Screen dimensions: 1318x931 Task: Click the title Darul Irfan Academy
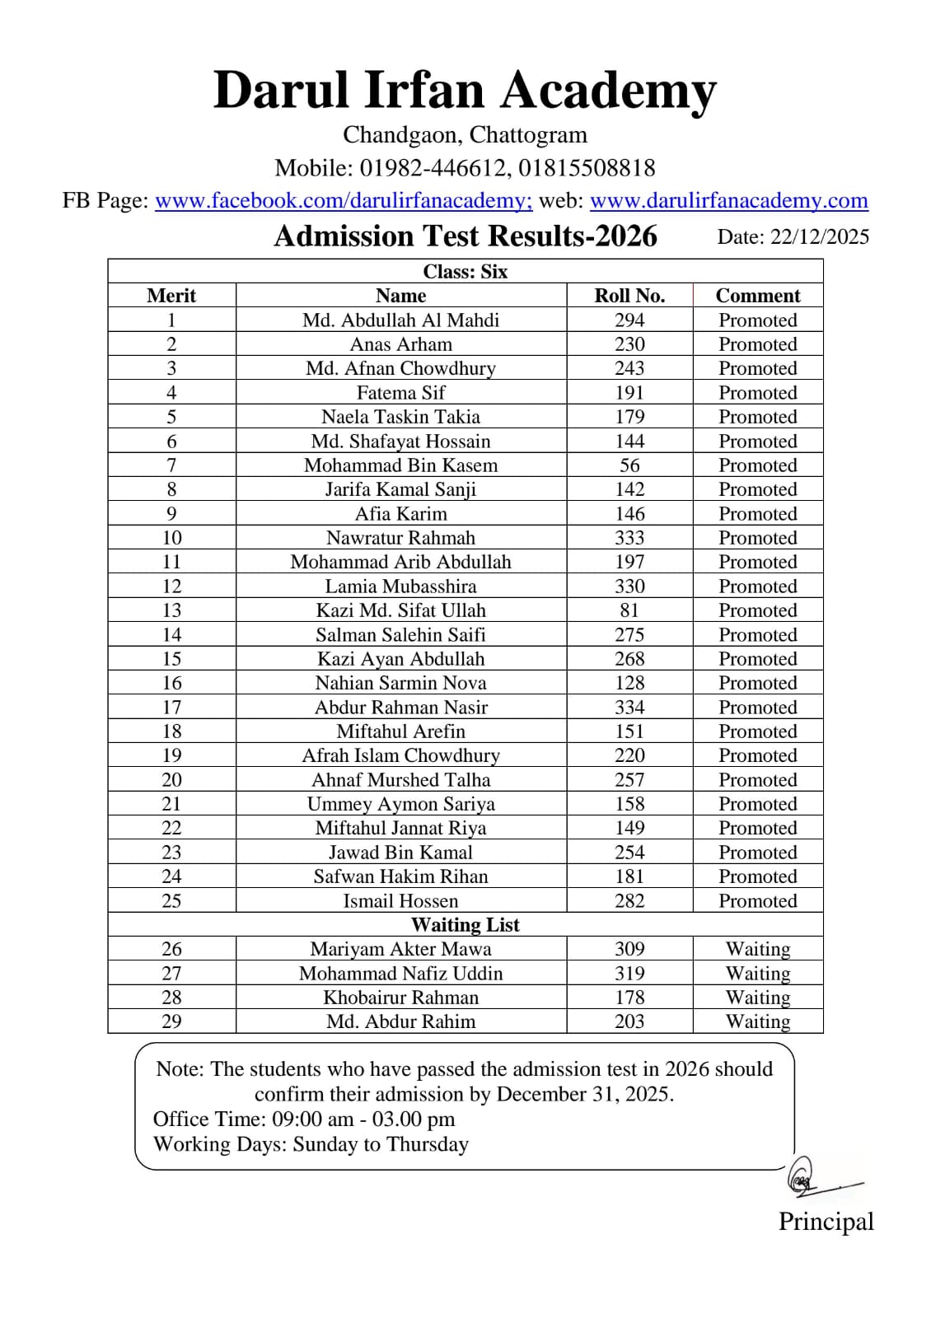tap(465, 90)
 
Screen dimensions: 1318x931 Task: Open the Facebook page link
tap(344, 200)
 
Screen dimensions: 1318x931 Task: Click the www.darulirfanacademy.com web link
tap(728, 200)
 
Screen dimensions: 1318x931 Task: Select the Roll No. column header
tap(629, 296)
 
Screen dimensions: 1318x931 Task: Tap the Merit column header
tap(171, 296)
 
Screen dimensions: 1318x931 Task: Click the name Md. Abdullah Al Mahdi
tap(400, 320)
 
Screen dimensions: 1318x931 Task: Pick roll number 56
tap(629, 465)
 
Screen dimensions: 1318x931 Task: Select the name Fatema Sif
tap(400, 393)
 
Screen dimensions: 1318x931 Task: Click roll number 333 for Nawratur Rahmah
tap(629, 538)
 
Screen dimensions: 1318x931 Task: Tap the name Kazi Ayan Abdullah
tap(400, 659)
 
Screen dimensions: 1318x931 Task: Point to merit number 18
tap(171, 731)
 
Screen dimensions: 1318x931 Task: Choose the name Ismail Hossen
tap(400, 901)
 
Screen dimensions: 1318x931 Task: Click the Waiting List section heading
tap(465, 925)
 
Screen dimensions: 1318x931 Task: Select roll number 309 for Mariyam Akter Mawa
tap(629, 949)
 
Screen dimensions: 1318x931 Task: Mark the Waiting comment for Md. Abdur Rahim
tap(757, 1021)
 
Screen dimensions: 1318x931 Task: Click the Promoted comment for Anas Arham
tap(757, 344)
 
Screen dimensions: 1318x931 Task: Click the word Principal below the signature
tap(826, 1222)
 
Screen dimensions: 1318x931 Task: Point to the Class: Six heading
tap(465, 272)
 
